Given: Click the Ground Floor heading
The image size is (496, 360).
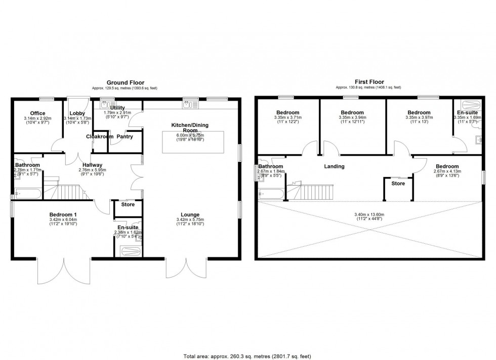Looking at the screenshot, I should (x=125, y=82).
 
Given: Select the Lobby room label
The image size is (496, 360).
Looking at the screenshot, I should (x=77, y=113).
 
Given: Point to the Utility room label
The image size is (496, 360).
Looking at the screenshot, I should (x=117, y=108).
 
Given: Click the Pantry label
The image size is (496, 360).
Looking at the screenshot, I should (x=125, y=137).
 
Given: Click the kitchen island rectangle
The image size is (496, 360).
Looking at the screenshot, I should (x=193, y=142).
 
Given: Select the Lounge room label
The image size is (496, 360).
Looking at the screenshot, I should (x=190, y=214).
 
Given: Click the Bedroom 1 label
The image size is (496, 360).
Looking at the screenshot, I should (x=63, y=214).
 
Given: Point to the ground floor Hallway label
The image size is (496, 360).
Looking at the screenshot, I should (x=93, y=165).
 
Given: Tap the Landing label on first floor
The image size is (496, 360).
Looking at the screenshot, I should (x=334, y=166).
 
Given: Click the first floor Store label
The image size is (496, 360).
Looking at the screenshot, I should (x=398, y=184).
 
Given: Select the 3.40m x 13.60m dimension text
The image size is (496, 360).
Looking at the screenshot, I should (x=368, y=214).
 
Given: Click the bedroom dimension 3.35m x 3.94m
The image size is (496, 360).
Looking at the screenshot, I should (x=352, y=119).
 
